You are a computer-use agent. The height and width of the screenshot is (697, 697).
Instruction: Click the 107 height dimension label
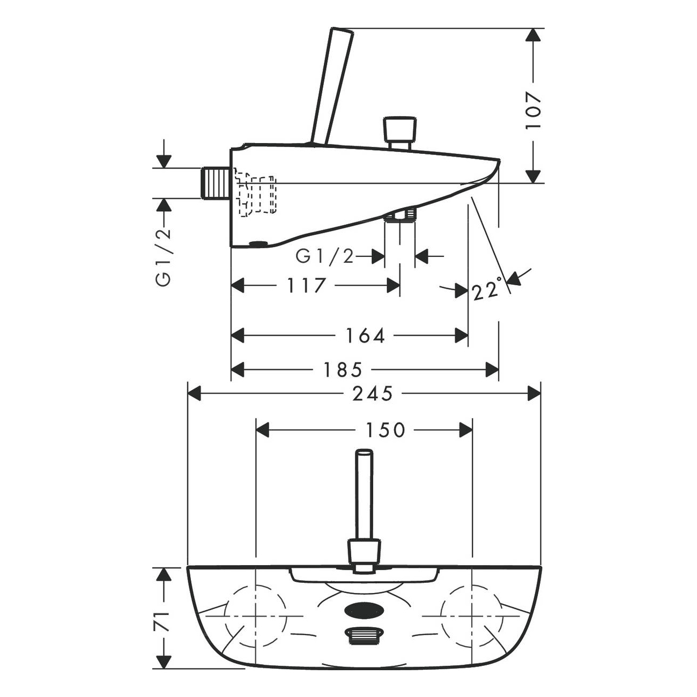pyautogui.click(x=533, y=111)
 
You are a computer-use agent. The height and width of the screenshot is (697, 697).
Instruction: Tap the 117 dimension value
pyautogui.click(x=306, y=286)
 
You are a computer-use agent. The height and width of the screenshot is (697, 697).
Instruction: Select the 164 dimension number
pyautogui.click(x=365, y=336)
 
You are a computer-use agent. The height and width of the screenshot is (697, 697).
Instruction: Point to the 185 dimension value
pyautogui.click(x=343, y=369)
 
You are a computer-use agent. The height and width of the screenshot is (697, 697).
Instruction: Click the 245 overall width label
pyautogui.click(x=373, y=394)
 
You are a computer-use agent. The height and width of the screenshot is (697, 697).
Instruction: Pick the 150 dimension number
pyautogui.click(x=385, y=431)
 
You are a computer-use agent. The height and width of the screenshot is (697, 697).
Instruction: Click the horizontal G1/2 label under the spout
pyautogui.click(x=324, y=256)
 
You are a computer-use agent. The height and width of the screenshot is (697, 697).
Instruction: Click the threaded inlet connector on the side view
pyautogui.click(x=216, y=183)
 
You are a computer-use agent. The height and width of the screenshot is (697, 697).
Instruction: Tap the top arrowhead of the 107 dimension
pyautogui.click(x=533, y=35)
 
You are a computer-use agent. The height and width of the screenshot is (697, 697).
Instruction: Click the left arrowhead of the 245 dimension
pyautogui.click(x=194, y=394)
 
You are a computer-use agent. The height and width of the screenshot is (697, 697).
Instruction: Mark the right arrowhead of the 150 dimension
pyautogui.click(x=466, y=431)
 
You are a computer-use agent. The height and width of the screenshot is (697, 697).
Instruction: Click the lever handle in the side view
pyautogui.click(x=332, y=86)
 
